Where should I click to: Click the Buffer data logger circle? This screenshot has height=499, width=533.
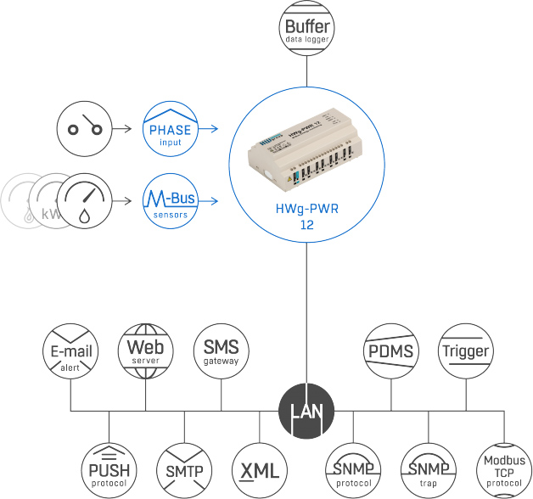point(306,29)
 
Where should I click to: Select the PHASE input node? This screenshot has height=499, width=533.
point(170,129)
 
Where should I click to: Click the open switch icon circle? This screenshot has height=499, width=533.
point(85,129)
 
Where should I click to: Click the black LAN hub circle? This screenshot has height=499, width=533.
point(306,412)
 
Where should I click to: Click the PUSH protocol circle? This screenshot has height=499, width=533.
point(109,469)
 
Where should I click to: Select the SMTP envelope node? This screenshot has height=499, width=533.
point(184,469)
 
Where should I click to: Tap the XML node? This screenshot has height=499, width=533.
point(260,469)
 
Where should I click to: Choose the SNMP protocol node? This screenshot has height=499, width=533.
point(353,469)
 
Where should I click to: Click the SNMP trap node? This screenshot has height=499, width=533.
point(429,469)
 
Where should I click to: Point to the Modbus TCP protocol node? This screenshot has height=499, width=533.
point(503,469)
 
